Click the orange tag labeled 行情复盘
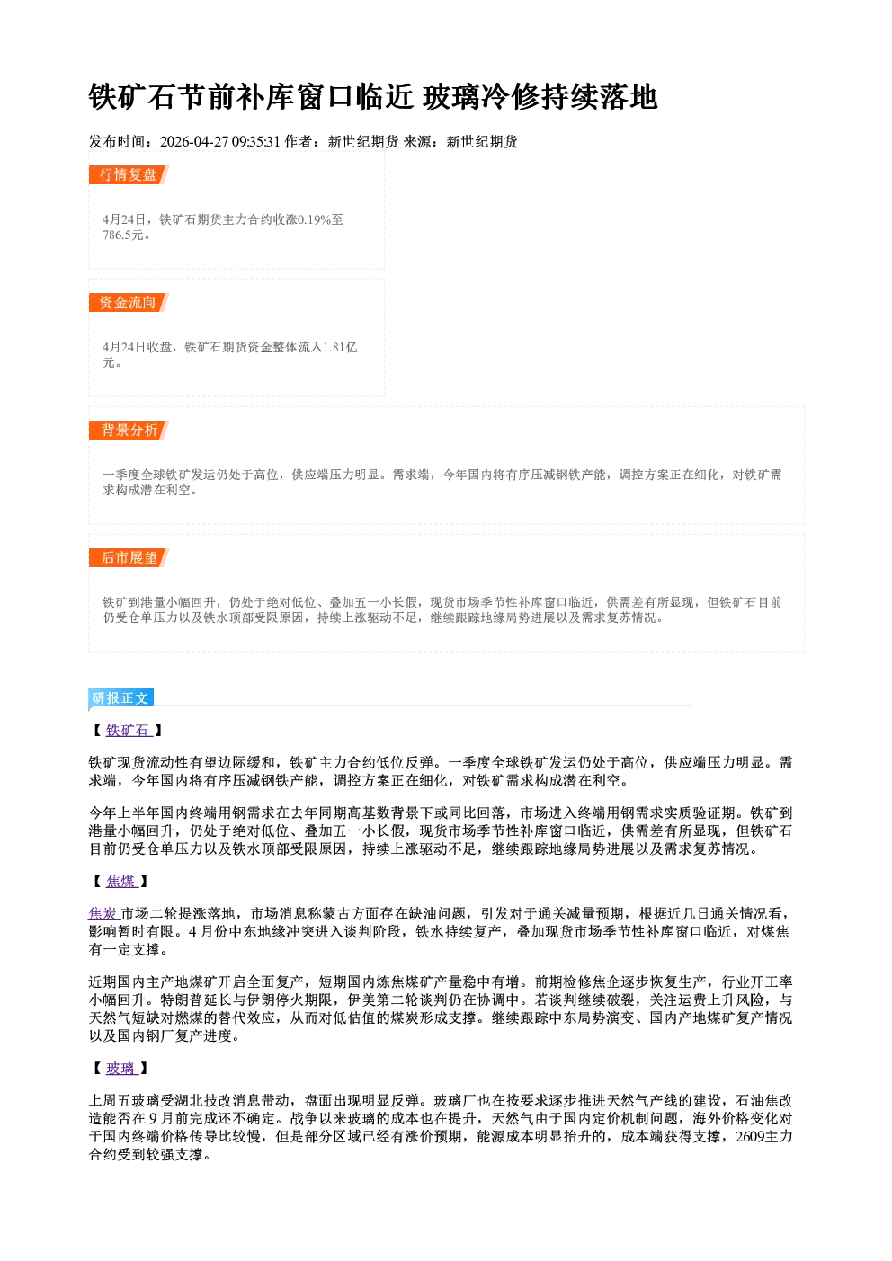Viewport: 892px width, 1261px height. [x=129, y=175]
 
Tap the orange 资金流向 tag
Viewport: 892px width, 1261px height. [x=129, y=303]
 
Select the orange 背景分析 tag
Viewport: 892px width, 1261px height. [x=129, y=431]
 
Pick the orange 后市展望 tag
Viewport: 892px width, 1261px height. [x=129, y=558]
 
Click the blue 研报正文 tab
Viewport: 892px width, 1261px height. [x=121, y=698]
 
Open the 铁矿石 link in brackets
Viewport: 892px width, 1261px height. [x=129, y=731]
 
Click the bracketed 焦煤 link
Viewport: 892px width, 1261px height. [x=122, y=882]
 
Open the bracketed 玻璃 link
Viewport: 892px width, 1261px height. [x=122, y=1069]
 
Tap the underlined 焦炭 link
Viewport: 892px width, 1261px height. [x=104, y=914]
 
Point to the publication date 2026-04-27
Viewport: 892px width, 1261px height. [x=194, y=142]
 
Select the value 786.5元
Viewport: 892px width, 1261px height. [x=126, y=235]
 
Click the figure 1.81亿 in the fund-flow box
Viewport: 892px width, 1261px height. [x=340, y=347]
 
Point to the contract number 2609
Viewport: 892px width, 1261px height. [x=750, y=1137]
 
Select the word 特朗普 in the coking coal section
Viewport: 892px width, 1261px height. [x=182, y=1000]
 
